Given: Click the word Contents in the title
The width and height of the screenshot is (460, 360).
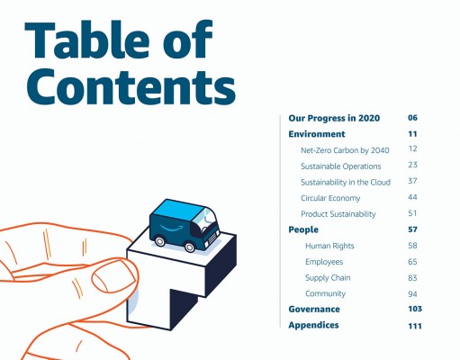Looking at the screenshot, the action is pyautogui.click(x=131, y=85).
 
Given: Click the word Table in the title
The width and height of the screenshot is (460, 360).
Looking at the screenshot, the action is pyautogui.click(x=87, y=40).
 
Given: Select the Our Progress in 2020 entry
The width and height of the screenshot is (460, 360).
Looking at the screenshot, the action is pyautogui.click(x=334, y=118).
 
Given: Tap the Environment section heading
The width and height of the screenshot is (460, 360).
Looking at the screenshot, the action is pyautogui.click(x=317, y=134).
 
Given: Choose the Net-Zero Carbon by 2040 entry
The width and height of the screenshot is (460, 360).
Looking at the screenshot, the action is pyautogui.click(x=345, y=150).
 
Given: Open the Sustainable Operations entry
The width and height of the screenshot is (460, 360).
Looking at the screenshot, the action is pyautogui.click(x=341, y=166).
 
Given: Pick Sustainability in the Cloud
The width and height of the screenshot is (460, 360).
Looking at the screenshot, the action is pyautogui.click(x=346, y=182).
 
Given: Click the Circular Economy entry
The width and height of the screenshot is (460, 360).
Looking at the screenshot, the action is pyautogui.click(x=330, y=198).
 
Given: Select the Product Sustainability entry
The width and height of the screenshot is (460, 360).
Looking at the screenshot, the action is pyautogui.click(x=338, y=214).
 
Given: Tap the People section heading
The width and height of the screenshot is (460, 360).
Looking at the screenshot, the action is pyautogui.click(x=303, y=229).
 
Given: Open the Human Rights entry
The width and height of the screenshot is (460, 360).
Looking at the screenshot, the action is pyautogui.click(x=329, y=246).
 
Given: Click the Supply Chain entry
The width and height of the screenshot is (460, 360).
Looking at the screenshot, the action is pyautogui.click(x=328, y=278).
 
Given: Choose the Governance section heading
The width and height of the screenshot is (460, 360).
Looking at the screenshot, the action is pyautogui.click(x=314, y=309).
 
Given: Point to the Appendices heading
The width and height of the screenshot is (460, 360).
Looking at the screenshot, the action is pyautogui.click(x=313, y=325).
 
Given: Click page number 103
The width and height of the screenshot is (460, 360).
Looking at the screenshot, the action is pyautogui.click(x=415, y=309).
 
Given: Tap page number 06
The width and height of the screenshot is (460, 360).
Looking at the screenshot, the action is pyautogui.click(x=412, y=118).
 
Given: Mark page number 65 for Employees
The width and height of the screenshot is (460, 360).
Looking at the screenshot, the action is pyautogui.click(x=412, y=262).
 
